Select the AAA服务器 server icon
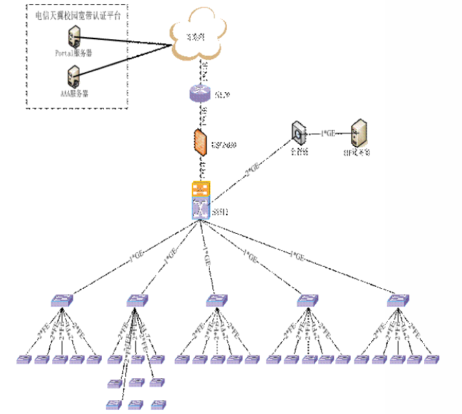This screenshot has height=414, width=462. (72, 75)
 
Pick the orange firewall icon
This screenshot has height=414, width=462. (199, 142)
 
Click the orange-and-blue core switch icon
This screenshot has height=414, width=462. (200, 201)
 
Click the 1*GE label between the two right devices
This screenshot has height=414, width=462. (329, 133)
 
